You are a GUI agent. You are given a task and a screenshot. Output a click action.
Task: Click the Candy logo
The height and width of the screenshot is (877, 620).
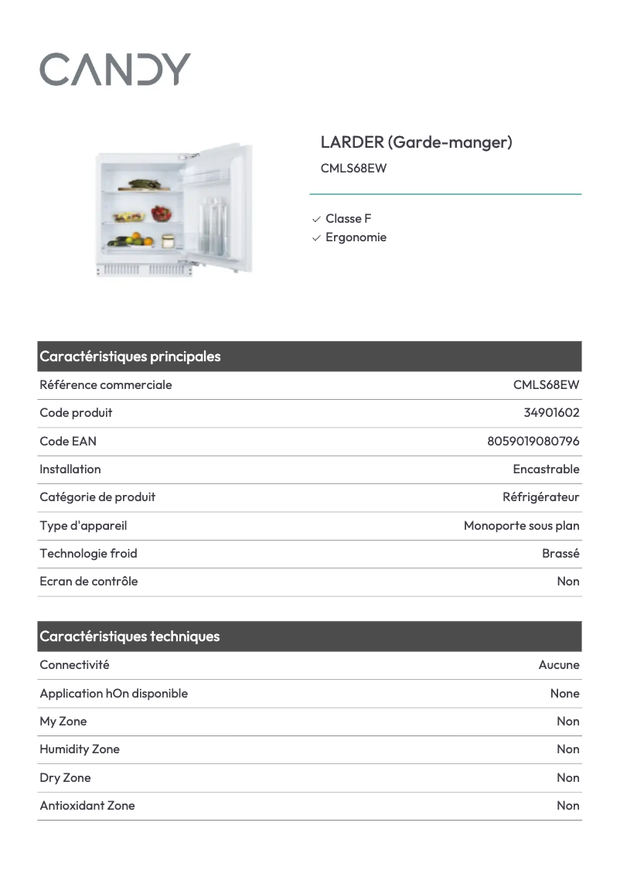click(115, 70)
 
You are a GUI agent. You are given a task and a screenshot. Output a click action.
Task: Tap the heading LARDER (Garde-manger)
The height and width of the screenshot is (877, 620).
click(416, 142)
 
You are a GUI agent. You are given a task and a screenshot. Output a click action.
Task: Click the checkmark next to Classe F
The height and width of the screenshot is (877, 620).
click(316, 220)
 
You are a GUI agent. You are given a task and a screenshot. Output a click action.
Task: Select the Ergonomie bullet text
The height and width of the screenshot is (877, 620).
click(356, 237)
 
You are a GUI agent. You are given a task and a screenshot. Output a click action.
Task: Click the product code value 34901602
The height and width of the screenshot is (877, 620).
click(551, 413)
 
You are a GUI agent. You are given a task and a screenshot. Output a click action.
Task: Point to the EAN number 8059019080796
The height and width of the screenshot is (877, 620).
click(533, 442)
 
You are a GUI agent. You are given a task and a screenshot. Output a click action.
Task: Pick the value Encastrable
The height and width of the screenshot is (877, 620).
click(546, 469)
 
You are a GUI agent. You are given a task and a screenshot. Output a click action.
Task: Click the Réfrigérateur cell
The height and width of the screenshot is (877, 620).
click(540, 497)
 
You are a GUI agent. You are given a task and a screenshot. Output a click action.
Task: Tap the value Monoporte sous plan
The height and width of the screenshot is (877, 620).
click(521, 526)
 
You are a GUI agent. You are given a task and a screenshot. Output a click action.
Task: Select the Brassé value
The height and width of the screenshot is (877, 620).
click(560, 554)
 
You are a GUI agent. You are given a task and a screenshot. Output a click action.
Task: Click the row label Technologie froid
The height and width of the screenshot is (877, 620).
click(88, 554)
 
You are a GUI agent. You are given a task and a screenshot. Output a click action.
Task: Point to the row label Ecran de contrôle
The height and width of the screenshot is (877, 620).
click(88, 582)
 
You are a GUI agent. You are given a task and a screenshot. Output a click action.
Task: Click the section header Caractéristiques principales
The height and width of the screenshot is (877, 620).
click(130, 357)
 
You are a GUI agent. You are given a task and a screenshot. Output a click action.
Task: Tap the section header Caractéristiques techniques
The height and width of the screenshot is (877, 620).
click(130, 636)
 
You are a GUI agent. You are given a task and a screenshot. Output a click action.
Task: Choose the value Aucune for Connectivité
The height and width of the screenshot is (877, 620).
click(559, 665)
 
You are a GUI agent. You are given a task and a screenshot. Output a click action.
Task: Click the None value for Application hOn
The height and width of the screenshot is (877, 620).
click(564, 694)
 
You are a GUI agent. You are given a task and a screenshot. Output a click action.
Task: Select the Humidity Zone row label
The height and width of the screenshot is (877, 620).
click(80, 749)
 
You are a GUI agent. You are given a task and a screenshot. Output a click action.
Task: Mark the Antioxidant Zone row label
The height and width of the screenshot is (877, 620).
click(87, 806)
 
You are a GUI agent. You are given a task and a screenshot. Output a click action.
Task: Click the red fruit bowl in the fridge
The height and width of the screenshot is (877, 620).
click(162, 213)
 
